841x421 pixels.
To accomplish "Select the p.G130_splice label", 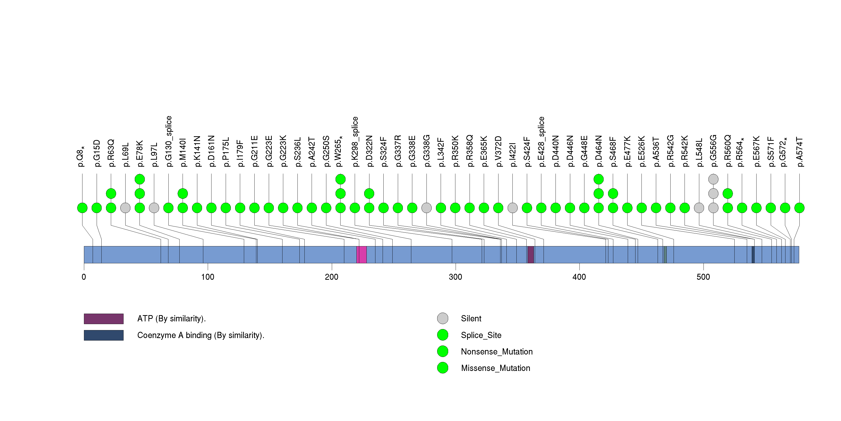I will point(168,141).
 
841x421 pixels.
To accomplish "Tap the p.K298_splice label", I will point(355,142).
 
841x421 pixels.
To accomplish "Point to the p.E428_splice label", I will point(541,142).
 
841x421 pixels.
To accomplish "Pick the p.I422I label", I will point(513,155).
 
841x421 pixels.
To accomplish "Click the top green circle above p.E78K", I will point(140,179).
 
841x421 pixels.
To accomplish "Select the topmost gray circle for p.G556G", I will point(713,179).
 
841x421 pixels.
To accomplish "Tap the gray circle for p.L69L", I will point(125,208).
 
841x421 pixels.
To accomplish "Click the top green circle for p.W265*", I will point(341,179).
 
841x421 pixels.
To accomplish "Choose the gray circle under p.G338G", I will point(426,208).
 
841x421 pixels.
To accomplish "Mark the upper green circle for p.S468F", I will point(613,194).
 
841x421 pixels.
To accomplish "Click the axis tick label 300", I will point(455,277).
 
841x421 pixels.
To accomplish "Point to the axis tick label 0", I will point(84,277).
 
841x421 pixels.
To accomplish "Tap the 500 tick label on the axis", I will point(703,277).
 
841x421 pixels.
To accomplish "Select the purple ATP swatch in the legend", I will point(103,319).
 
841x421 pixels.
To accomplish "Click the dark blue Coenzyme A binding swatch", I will point(103,335).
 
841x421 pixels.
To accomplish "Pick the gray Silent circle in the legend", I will point(442,319).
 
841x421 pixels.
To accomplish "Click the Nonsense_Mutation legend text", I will point(496,351).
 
